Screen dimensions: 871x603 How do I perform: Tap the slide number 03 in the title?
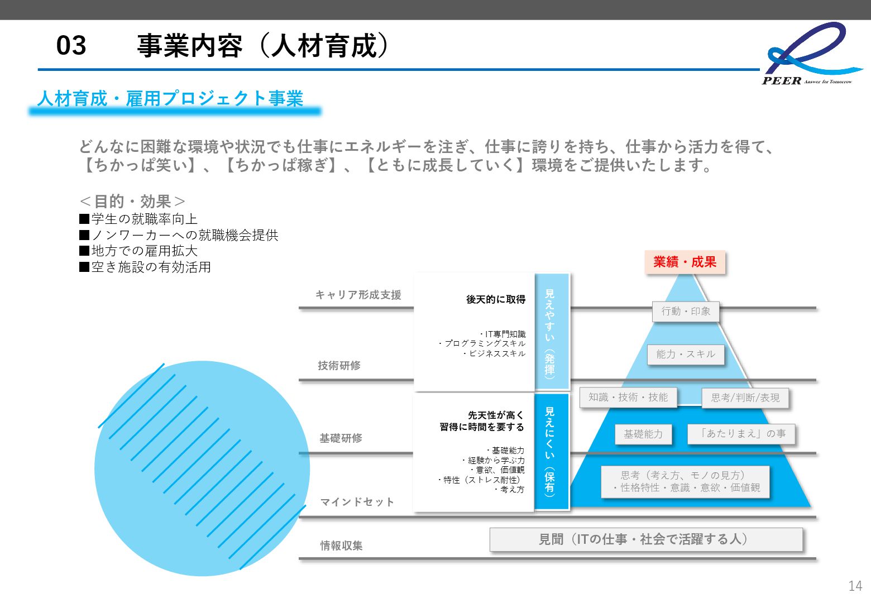tap(71, 45)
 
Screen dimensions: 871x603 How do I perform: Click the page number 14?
tap(855, 586)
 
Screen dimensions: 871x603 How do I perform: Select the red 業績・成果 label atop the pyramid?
tap(685, 262)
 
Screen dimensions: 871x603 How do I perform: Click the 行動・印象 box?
tap(686, 312)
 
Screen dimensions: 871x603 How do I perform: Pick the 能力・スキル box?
tap(686, 355)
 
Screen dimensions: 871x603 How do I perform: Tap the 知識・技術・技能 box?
tap(628, 398)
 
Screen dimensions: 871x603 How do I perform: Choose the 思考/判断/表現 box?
tap(745, 398)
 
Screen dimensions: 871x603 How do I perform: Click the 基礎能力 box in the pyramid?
tap(643, 434)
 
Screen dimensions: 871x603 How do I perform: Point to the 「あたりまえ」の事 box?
tap(741, 434)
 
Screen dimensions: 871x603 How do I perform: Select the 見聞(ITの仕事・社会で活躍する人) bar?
tap(646, 539)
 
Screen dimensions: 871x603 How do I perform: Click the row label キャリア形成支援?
tap(358, 295)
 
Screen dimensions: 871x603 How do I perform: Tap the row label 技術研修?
tap(339, 366)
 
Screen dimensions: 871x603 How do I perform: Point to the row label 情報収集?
tap(341, 545)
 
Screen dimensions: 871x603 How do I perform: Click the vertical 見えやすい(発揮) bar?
tap(551, 332)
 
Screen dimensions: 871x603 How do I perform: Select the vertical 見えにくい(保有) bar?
tap(551, 451)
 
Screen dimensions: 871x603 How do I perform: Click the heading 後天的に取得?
tap(496, 300)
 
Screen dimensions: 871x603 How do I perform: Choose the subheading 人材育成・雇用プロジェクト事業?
tap(170, 99)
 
